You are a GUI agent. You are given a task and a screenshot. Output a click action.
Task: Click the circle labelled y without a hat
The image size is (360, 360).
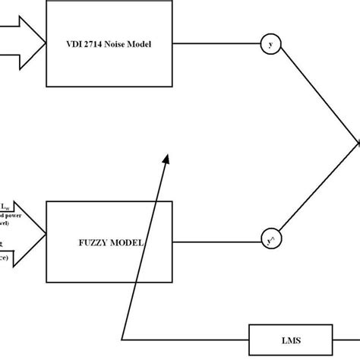[270, 44]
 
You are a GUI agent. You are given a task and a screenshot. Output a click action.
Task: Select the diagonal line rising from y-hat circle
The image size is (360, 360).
[319, 191]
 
